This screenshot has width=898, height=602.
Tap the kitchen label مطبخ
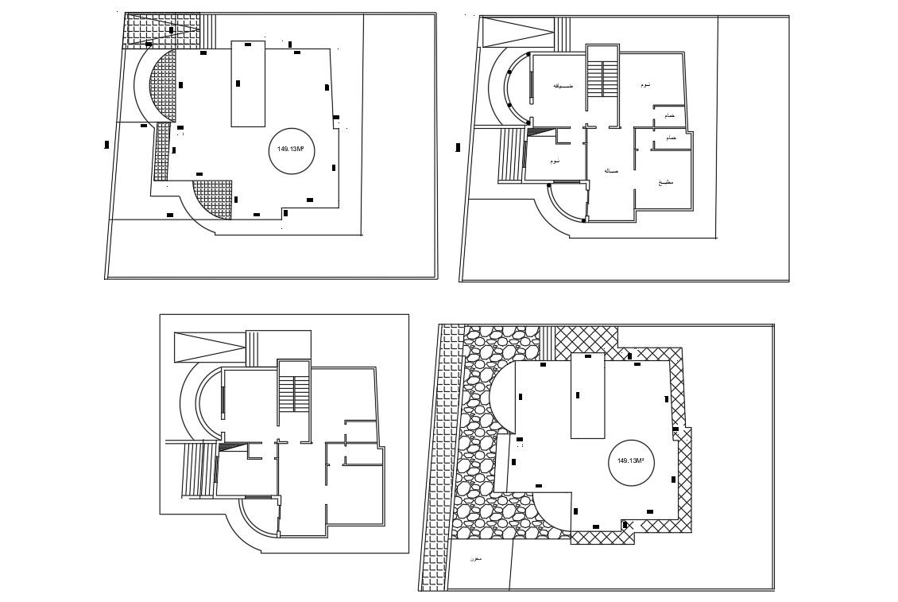click(666, 182)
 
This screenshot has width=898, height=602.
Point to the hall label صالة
click(611, 170)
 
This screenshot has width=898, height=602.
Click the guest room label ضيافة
click(563, 85)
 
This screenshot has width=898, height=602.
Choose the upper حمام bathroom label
click(670, 116)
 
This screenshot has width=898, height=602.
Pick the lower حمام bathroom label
click(671, 138)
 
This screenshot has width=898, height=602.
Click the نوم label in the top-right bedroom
click(646, 84)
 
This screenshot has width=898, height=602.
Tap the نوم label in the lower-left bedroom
click(555, 161)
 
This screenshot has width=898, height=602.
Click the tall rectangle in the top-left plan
click(247, 84)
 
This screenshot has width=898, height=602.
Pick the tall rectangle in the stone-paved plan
click(588, 394)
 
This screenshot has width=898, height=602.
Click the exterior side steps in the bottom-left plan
click(199, 469)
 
